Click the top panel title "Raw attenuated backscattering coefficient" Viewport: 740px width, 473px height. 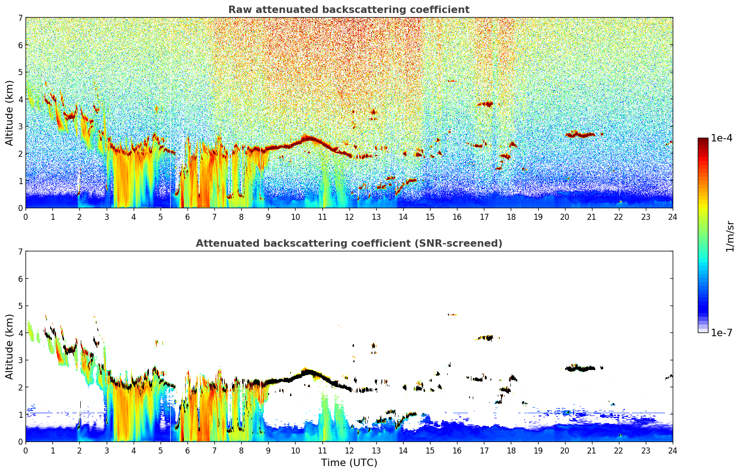tap(349, 10)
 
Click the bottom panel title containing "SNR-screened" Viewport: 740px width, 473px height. tap(349, 243)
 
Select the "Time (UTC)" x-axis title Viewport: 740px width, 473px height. tap(349, 462)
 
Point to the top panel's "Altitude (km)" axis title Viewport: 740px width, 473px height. tap(9, 113)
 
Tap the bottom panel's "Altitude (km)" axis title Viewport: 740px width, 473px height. tap(9, 346)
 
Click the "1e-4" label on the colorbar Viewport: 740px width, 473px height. tap(721, 138)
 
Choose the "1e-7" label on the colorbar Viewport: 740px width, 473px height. tap(721, 332)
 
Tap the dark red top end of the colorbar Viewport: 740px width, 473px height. tap(703, 140)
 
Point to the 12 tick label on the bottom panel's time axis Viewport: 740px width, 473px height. tap(349, 451)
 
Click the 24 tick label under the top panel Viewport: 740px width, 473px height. tap(673, 217)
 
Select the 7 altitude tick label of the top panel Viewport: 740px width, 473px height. tap(20, 18)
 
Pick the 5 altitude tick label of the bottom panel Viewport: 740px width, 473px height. tap(20, 306)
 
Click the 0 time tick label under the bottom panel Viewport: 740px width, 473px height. tap(26, 451)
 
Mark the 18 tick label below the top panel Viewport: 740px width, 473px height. tap(511, 217)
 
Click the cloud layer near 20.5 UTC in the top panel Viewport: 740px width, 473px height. tap(580, 134)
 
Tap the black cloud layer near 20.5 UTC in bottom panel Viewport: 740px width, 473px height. tap(580, 368)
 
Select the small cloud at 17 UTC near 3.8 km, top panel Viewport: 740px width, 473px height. tap(485, 104)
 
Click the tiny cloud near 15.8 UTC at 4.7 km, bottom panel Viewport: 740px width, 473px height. tap(452, 314)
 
